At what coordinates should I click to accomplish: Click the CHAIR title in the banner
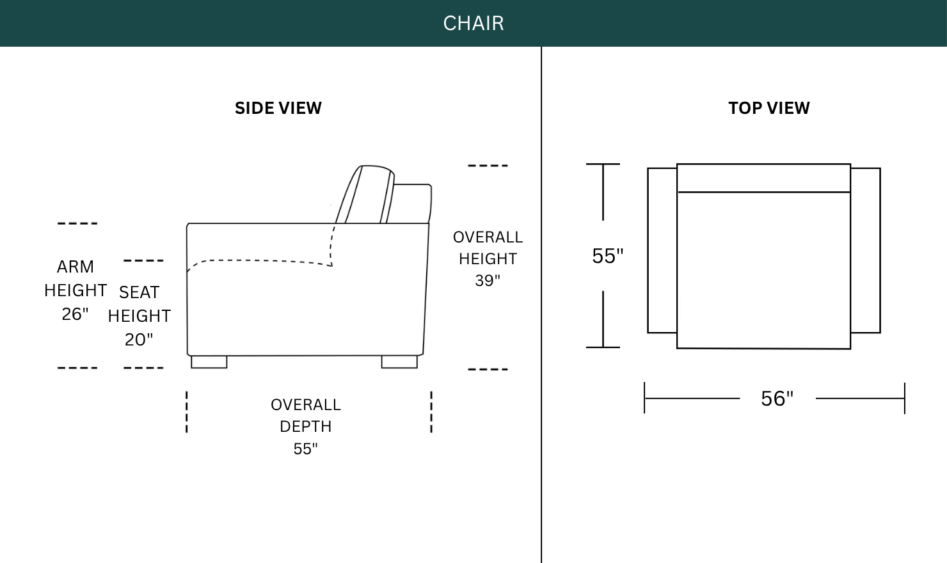pos(473,23)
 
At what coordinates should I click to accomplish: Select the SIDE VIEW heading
pos(278,108)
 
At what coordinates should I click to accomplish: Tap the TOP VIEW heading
pos(769,108)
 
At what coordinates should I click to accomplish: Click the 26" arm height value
pos(76,314)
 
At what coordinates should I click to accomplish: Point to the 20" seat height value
pos(139,340)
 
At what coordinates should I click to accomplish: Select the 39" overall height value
pos(488,280)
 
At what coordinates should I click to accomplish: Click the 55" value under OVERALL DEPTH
pos(305,448)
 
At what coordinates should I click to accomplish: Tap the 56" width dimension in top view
pos(777,399)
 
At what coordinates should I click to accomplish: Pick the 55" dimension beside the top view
pos(607,256)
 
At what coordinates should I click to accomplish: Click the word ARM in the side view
pos(76,267)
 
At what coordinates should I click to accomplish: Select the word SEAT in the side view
pos(139,292)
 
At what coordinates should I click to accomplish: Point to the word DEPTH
pos(306,427)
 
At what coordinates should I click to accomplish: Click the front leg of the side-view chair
pos(209,362)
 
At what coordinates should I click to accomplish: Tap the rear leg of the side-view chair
pos(399,362)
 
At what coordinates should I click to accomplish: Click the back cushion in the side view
pos(365,194)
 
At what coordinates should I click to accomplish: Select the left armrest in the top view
pos(662,251)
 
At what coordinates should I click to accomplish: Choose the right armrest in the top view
pos(865,251)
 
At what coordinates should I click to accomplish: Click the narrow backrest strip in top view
pos(764,178)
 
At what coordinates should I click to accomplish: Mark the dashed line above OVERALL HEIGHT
pos(488,166)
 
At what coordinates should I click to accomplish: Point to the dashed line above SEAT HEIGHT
pos(143,260)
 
